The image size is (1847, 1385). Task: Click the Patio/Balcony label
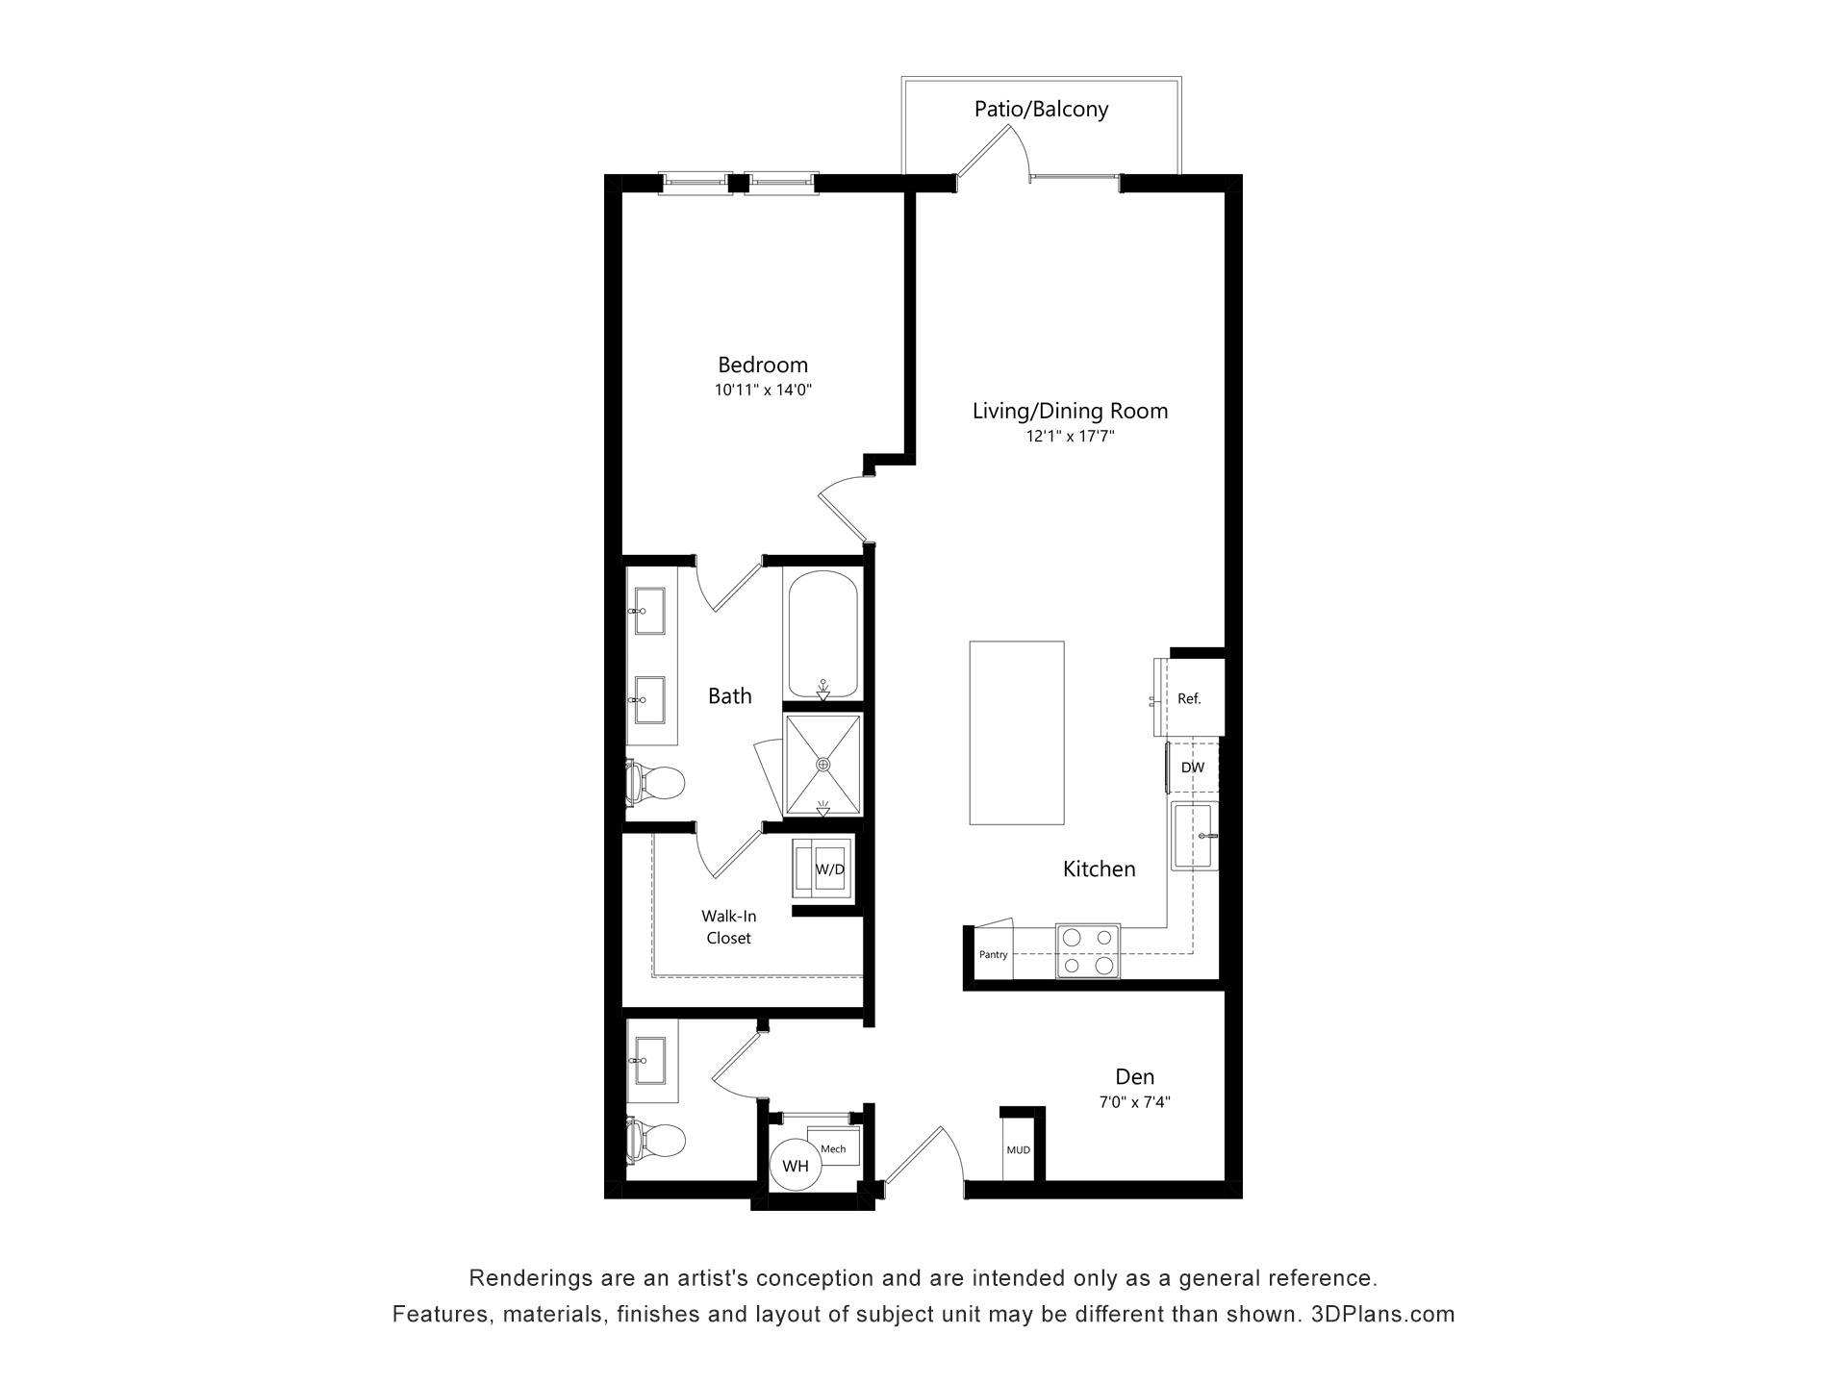click(x=1041, y=109)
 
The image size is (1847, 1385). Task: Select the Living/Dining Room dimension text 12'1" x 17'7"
click(x=1070, y=437)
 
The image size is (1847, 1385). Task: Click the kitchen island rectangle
click(x=1017, y=732)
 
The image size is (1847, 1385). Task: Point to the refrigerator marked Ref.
click(x=1189, y=698)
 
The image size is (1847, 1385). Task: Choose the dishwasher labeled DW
click(x=1192, y=768)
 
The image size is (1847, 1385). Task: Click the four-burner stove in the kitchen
click(x=1088, y=950)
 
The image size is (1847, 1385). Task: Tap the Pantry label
click(x=994, y=954)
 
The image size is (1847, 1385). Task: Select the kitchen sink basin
click(x=1195, y=836)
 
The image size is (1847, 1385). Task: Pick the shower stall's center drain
click(x=822, y=764)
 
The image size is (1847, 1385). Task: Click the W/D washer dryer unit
click(x=822, y=869)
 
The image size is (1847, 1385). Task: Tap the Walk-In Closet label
click(x=728, y=927)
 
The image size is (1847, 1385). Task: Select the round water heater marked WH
click(x=796, y=1166)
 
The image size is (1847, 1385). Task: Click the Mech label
click(x=833, y=1149)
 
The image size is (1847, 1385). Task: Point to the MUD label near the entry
click(x=1018, y=1150)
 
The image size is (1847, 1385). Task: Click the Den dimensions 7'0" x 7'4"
click(x=1135, y=1103)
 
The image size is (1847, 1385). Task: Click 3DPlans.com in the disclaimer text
click(x=1382, y=1314)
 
